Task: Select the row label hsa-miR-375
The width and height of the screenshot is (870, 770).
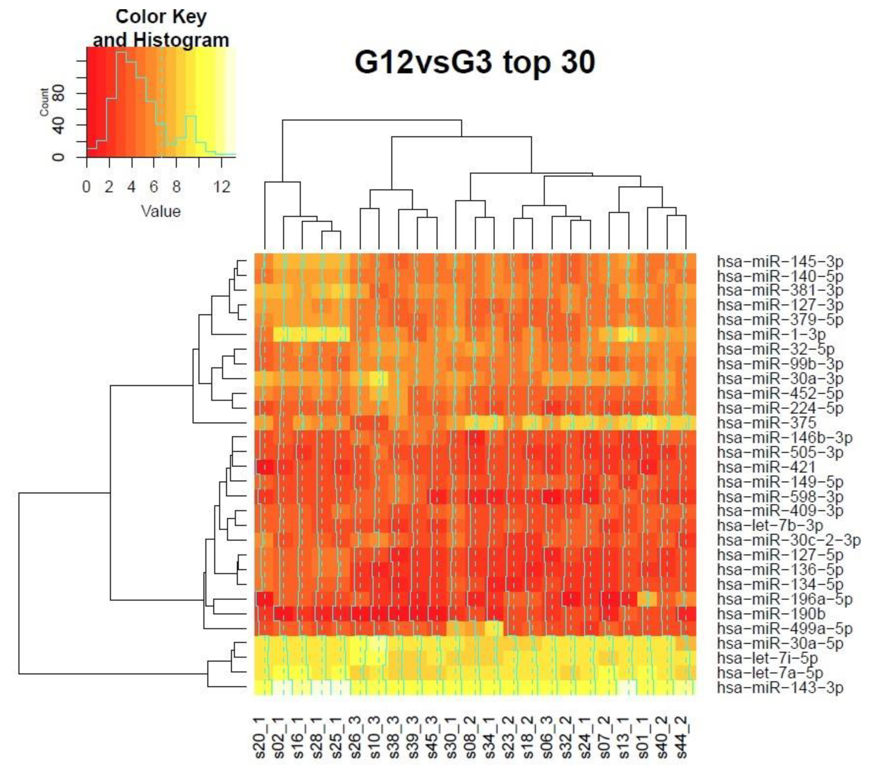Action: tap(766, 423)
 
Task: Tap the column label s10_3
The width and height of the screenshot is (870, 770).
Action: tap(375, 743)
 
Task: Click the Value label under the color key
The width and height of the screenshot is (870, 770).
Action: tap(161, 211)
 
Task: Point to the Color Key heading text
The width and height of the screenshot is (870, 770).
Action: tap(161, 17)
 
